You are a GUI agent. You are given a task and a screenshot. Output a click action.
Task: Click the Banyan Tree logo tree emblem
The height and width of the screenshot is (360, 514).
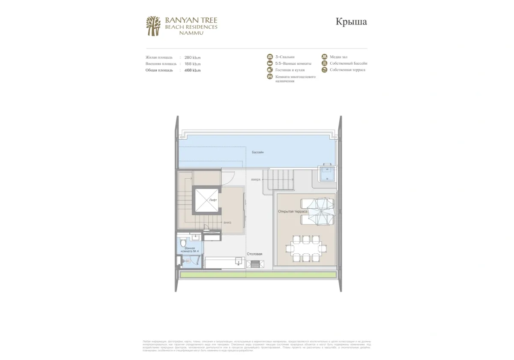(153, 26)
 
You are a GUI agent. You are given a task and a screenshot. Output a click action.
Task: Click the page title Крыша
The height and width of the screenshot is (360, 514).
(351, 22)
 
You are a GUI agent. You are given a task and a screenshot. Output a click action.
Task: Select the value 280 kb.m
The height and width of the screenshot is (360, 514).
(192, 57)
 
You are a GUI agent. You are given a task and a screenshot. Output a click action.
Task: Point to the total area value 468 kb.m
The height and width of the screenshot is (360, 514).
(192, 70)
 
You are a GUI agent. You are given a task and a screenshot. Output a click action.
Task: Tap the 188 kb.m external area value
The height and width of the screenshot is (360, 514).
(192, 63)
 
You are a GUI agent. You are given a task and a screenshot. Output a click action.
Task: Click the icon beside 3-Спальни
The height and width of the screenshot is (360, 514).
(270, 57)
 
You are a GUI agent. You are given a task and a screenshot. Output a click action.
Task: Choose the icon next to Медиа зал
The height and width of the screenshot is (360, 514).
(325, 57)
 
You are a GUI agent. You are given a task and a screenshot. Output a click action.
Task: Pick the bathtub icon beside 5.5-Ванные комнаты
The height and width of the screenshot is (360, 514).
(270, 63)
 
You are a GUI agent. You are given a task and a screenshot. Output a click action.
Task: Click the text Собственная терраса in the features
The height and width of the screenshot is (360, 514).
(347, 70)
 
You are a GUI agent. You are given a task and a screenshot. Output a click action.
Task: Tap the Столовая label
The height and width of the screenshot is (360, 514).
(254, 254)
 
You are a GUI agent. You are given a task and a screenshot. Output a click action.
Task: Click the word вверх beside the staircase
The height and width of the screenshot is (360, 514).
(256, 180)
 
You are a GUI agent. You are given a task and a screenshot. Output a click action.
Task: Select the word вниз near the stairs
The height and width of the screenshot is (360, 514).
(227, 223)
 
